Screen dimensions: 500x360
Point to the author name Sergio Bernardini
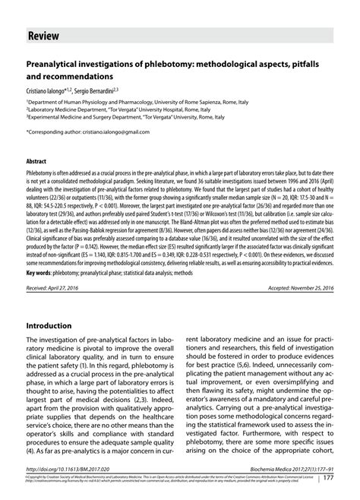(112, 90)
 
